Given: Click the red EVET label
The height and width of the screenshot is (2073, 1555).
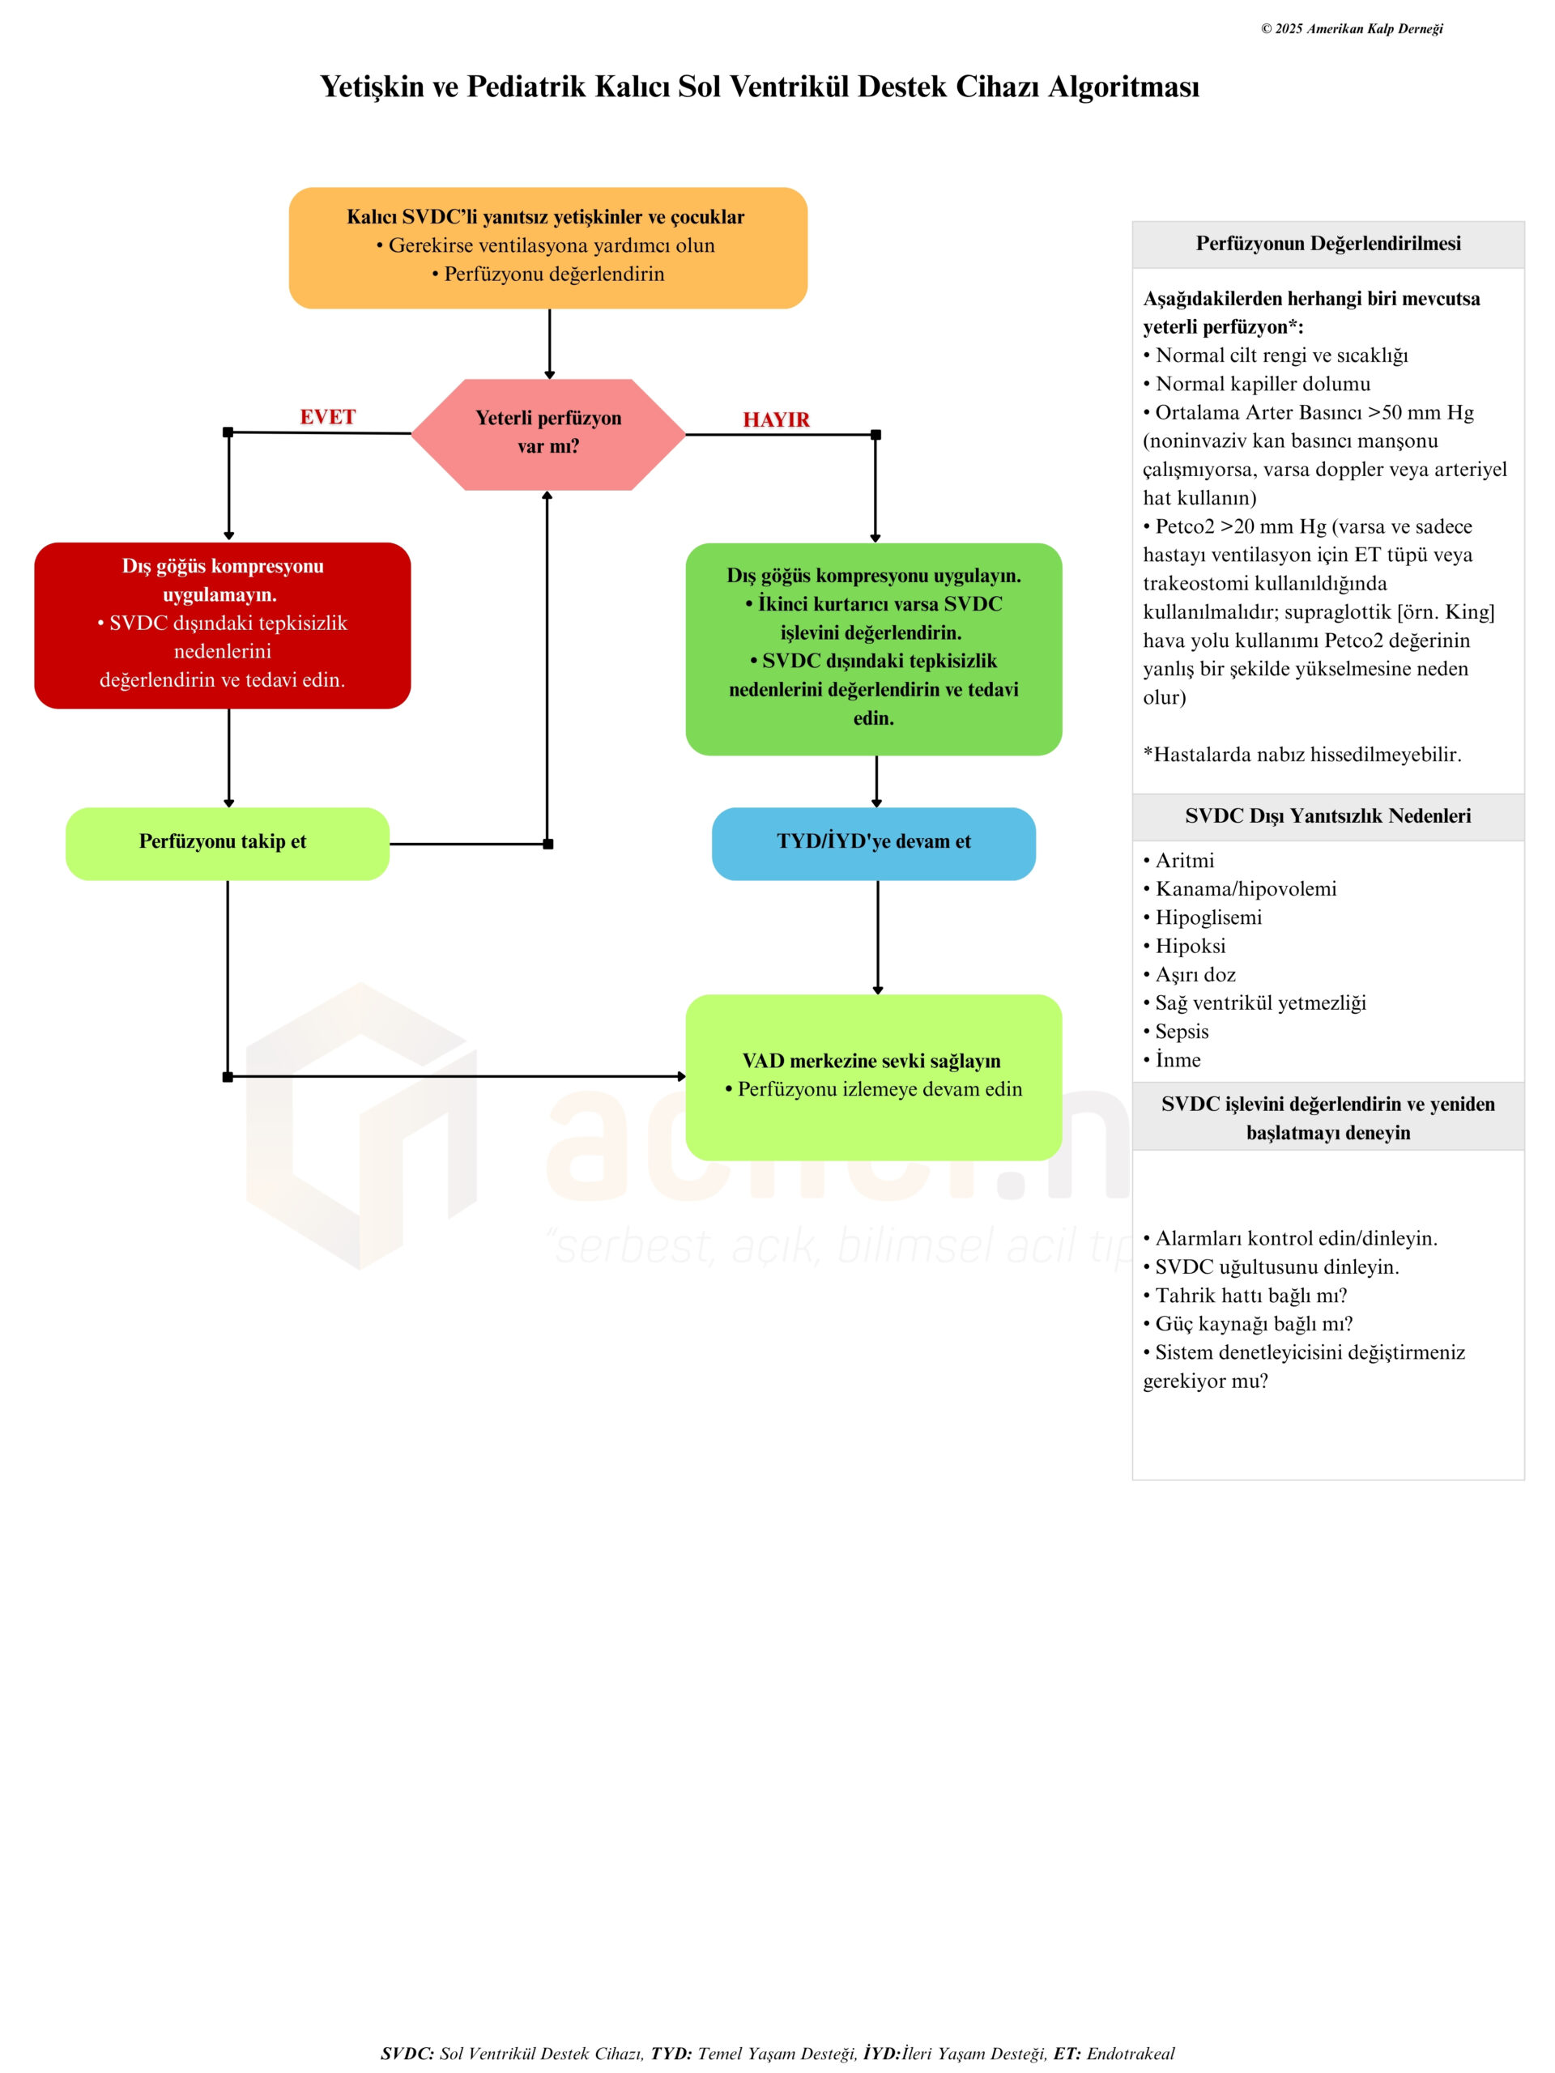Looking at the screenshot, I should [327, 417].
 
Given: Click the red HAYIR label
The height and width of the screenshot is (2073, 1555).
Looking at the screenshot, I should [776, 419].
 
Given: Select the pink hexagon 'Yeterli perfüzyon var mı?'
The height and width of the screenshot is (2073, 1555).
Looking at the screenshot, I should [548, 433].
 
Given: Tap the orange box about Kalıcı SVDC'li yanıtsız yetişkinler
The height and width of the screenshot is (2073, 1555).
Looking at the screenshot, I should [547, 248].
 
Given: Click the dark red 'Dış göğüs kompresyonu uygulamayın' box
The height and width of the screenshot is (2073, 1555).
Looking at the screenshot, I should [222, 624].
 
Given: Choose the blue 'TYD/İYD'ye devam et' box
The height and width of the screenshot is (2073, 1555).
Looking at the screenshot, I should [874, 842].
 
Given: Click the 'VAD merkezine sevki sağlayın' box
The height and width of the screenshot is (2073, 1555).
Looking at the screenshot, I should [874, 1076].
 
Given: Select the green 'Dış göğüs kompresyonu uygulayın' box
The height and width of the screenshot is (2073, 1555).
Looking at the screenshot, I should [874, 648].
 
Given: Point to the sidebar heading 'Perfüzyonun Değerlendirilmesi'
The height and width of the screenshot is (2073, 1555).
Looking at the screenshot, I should [1327, 244].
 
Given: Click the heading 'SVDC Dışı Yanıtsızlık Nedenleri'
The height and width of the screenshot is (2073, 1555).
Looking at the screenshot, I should [1327, 816].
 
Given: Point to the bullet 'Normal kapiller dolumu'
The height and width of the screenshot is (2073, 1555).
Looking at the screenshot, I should [1262, 385].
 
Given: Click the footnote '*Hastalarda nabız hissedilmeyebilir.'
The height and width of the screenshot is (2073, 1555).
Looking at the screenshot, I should [1302, 755].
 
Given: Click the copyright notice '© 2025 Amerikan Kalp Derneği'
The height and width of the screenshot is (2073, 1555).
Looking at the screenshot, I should [1351, 29].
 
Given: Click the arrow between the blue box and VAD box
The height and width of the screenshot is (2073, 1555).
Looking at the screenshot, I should [877, 936].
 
